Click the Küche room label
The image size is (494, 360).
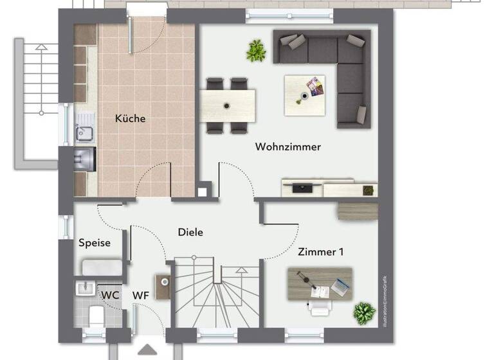click(x=130, y=118)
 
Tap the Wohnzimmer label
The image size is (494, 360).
click(x=288, y=147)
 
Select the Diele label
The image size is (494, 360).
click(x=190, y=232)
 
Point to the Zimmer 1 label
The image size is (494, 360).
click(x=320, y=252)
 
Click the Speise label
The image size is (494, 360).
click(x=95, y=243)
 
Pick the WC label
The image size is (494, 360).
click(x=110, y=295)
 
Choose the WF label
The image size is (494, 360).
click(x=141, y=295)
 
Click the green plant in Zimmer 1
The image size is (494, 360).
click(x=364, y=313)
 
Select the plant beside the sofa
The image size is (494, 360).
click(x=257, y=50)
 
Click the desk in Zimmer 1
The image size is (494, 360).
click(x=320, y=283)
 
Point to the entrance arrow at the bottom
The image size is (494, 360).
click(x=147, y=352)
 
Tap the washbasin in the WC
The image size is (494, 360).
click(x=84, y=289)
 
